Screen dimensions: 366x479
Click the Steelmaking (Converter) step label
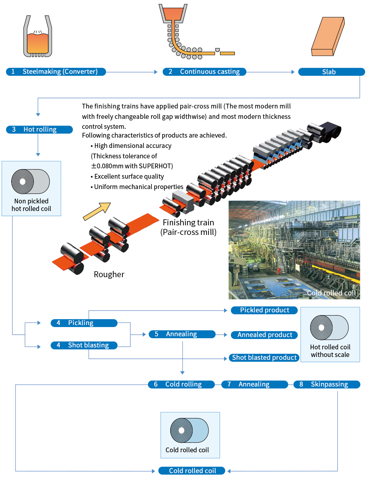(56, 71)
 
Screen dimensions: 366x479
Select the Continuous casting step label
(204, 71)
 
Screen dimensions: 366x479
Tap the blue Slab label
(331, 72)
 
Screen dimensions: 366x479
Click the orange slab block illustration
(328, 36)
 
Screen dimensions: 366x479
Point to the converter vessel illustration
(38, 36)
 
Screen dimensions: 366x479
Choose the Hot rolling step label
(39, 129)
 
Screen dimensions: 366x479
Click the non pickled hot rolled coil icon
(31, 181)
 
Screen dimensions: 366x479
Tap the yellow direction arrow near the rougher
(96, 211)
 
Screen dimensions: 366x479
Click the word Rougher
(109, 274)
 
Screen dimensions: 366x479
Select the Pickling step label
(84, 323)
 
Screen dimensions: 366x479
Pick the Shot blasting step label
(84, 345)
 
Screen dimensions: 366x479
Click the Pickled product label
(264, 310)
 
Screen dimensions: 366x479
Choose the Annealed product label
(264, 335)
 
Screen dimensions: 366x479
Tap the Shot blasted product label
(264, 357)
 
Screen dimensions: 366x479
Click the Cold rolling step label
(181, 384)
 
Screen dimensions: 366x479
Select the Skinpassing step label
(327, 384)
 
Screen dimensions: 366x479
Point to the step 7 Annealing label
(254, 384)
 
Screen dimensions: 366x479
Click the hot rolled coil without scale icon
(329, 327)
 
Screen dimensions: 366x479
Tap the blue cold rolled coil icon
(189, 430)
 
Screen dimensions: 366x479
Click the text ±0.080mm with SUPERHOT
(132, 166)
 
